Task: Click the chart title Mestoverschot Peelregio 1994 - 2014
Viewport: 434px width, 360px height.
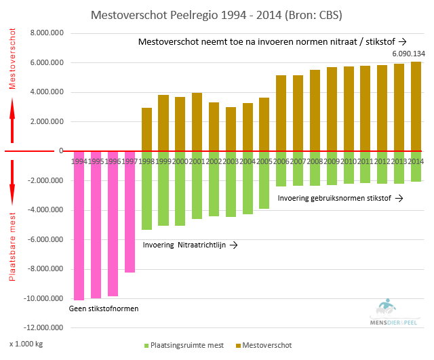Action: point(216,14)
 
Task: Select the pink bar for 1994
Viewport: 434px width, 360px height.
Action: point(79,231)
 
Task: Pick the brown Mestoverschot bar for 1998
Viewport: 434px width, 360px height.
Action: point(146,129)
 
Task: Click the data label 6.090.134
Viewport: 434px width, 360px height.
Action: point(409,54)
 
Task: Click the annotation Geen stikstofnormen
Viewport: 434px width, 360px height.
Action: point(104,309)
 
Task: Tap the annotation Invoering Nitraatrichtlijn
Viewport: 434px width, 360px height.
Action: point(190,244)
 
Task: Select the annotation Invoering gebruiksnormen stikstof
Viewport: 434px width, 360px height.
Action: point(340,198)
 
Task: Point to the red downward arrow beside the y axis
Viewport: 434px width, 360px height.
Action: point(12,182)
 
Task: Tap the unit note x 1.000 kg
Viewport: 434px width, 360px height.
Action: point(26,344)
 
